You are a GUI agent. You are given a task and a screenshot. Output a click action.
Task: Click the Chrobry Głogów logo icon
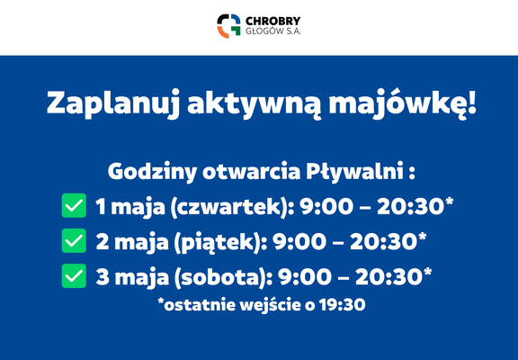click(x=228, y=26)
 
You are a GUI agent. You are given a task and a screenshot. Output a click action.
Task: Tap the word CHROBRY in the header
click(x=272, y=21)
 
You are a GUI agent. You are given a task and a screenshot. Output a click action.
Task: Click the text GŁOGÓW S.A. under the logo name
click(x=272, y=31)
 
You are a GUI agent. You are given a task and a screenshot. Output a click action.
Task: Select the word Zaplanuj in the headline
click(x=113, y=103)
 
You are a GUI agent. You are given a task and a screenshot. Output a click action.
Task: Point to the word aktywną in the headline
click(x=255, y=103)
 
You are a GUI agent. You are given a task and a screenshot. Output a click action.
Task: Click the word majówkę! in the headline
click(x=403, y=103)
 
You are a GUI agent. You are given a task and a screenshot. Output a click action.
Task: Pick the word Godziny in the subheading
click(x=152, y=173)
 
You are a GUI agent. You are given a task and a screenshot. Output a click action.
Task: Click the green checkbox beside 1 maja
click(x=74, y=205)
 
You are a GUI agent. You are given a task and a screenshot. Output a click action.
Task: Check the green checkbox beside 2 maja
click(x=74, y=240)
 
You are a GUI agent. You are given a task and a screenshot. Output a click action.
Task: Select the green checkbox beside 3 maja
click(x=74, y=275)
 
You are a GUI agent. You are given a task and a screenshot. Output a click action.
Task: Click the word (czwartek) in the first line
click(x=230, y=208)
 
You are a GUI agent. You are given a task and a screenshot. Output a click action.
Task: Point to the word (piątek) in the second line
click(x=219, y=243)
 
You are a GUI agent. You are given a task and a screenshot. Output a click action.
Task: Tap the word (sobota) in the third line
click(x=221, y=278)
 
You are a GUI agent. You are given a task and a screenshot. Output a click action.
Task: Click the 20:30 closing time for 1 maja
click(x=411, y=207)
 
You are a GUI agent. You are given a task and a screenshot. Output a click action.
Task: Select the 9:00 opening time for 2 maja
click(x=299, y=242)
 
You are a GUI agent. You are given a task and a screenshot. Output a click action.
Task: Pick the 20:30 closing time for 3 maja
click(x=389, y=277)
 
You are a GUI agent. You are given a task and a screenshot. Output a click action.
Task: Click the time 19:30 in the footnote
click(x=343, y=305)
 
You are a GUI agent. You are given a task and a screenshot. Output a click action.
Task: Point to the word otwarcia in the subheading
click(x=252, y=172)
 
